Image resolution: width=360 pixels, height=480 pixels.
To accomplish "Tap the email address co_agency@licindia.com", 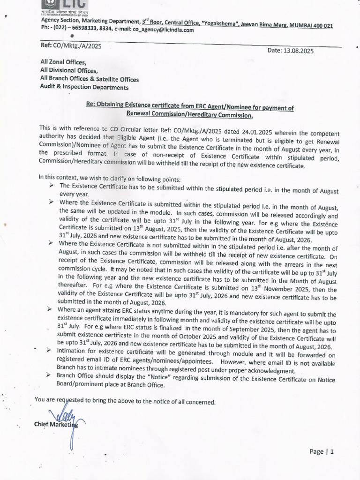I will coord(163,30).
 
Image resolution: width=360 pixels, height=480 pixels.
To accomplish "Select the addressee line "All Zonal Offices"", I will coord(63,62).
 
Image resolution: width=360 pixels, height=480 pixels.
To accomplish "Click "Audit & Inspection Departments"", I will coord(84,87).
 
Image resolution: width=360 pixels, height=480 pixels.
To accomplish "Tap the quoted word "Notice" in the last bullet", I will coord(147,376).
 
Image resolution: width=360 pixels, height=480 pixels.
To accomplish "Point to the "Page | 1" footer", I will coord(321,452).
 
